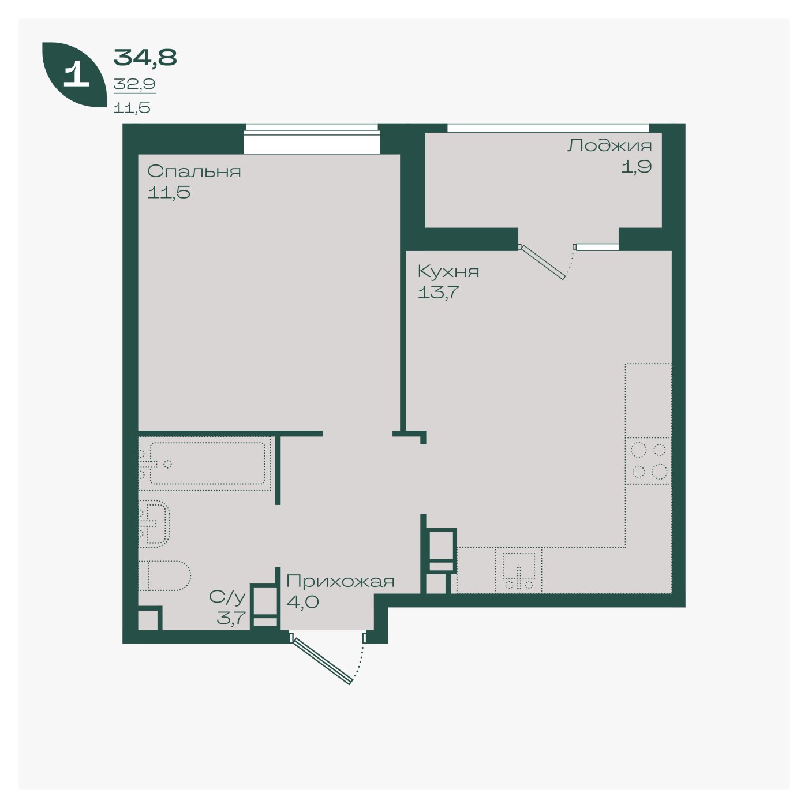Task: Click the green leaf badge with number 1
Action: (74, 74)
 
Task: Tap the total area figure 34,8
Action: (145, 58)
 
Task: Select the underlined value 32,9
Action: (134, 84)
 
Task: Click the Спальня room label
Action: (194, 171)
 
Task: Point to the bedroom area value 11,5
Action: (169, 192)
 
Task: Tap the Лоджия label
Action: (609, 146)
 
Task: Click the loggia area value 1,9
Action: (636, 167)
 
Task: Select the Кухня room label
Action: (448, 272)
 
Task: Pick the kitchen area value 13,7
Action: (439, 292)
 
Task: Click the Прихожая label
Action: (341, 581)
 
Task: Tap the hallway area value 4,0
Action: (303, 602)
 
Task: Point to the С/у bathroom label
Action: (227, 597)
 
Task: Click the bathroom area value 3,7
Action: (231, 618)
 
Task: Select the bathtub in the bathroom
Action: (205, 463)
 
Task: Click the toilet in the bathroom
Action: (164, 576)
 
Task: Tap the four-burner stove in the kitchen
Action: (648, 461)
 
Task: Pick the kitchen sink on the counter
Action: (519, 570)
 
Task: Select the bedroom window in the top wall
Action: (312, 139)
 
